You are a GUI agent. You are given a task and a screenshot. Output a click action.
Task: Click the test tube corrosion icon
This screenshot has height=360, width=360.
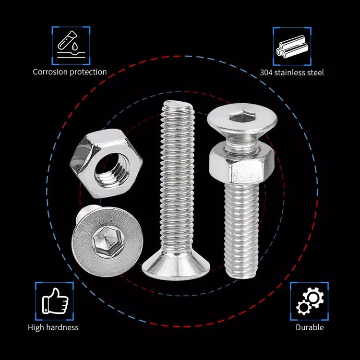coord(71,45)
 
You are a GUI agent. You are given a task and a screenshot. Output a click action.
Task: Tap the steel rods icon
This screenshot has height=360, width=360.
coord(292,47)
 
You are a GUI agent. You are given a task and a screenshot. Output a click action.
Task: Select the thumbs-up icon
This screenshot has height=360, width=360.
coord(55,301)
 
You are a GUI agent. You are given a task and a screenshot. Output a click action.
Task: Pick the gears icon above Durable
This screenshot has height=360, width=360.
coord(310,301)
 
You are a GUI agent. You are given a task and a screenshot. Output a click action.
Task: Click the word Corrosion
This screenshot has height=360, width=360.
coord(50,72)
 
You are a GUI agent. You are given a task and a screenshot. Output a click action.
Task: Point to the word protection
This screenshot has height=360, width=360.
coord(88,72)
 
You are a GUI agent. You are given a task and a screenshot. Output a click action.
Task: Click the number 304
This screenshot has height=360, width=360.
coord(266,72)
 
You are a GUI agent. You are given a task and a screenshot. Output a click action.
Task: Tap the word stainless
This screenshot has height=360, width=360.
coord(290,72)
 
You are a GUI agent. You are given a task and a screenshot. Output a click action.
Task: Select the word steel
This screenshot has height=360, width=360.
coord(315,72)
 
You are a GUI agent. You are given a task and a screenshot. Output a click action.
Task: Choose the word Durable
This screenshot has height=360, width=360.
coord(310,327)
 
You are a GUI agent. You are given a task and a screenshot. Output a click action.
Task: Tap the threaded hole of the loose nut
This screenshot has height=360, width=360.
coord(112,170)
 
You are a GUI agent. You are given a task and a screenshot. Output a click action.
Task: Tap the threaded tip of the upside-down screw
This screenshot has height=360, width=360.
coord(178,106)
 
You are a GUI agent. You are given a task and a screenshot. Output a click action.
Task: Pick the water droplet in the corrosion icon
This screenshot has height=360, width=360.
coord(74,47)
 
